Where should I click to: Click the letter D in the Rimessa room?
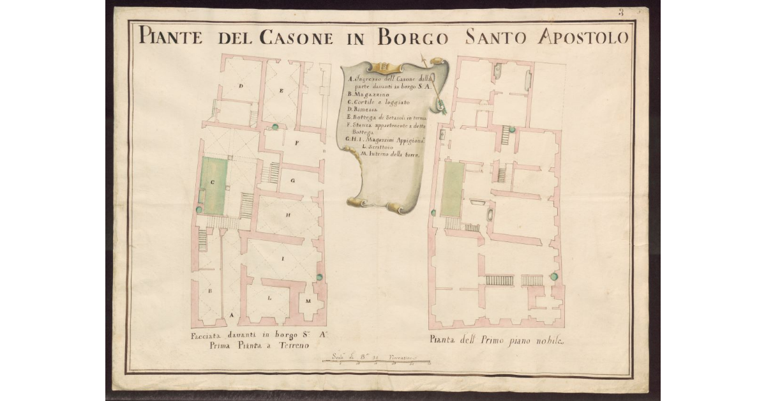pos(241,86)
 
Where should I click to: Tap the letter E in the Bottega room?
pos(281,91)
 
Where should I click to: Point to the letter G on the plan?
pos(292,181)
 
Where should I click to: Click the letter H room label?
pos(289,215)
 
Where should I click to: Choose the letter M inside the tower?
pos(308,300)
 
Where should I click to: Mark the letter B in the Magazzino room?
pos(209,289)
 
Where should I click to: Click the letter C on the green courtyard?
pos(212,181)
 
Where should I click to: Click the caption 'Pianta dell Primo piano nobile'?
pos(498,341)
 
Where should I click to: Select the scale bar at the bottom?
pos(377,361)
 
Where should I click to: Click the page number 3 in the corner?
pos(620,12)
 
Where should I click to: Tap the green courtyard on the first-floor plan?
pos(452,189)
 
